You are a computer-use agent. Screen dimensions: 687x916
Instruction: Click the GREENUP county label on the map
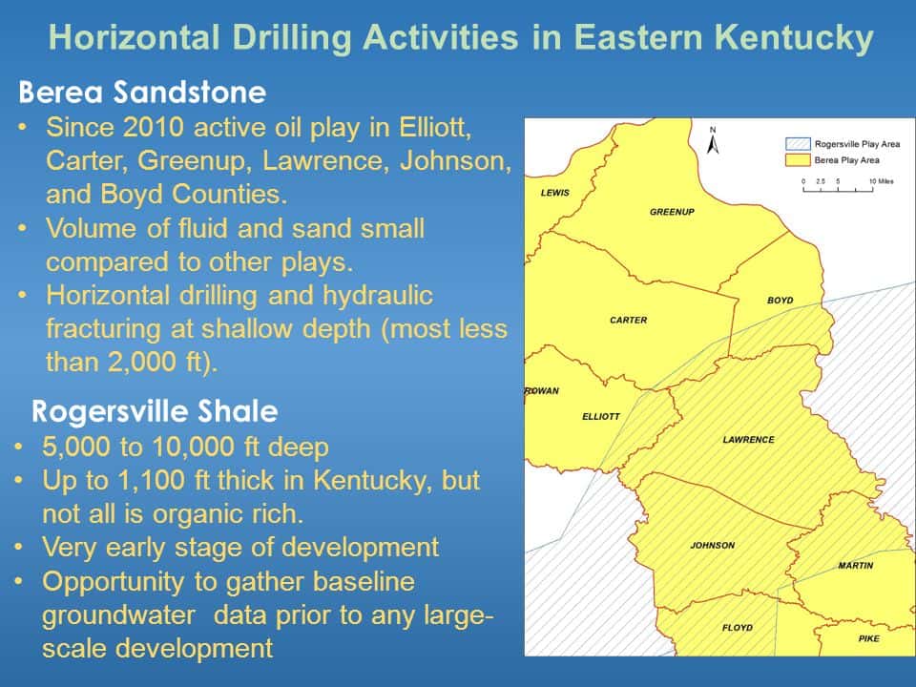click(x=673, y=211)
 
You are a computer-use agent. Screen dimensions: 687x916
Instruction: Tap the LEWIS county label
click(x=554, y=193)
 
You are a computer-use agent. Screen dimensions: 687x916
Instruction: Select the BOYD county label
click(x=780, y=301)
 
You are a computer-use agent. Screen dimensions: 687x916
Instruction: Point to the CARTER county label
click(x=628, y=320)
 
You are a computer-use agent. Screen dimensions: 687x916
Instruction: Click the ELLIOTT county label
click(x=601, y=416)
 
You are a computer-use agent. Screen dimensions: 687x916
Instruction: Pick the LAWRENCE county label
click(x=749, y=440)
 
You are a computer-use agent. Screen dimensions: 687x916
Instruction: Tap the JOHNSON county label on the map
click(x=713, y=545)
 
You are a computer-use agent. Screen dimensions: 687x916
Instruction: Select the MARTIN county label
click(x=855, y=566)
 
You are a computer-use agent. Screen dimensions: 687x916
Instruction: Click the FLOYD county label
click(x=737, y=627)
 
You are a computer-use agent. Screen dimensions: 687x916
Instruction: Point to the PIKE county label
click(x=868, y=638)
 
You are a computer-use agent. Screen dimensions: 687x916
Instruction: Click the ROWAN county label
click(x=542, y=390)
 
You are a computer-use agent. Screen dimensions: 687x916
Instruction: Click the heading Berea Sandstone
click(x=142, y=93)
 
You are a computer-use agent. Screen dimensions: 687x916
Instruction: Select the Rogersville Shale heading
click(x=155, y=412)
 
